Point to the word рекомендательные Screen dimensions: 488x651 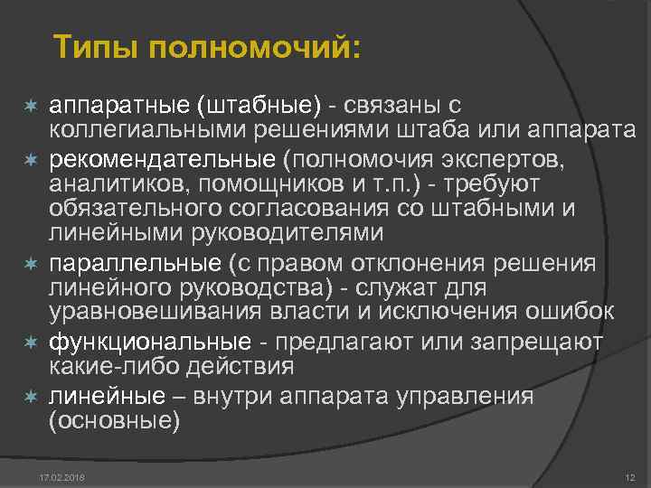[162, 159]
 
